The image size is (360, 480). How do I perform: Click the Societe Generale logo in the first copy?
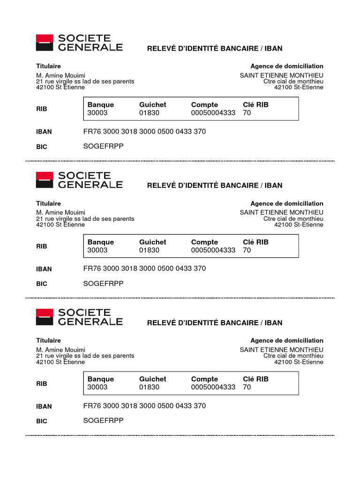coord(79,43)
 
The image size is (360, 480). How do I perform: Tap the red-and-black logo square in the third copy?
coord(45,317)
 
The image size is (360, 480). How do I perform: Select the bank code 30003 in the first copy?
coord(97,113)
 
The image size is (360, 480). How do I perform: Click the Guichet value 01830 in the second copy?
coord(149,250)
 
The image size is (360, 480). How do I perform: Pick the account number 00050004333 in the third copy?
coord(213,387)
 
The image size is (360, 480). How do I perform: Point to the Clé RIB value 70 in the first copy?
coord(247,113)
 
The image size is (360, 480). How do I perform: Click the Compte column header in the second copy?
coord(204,242)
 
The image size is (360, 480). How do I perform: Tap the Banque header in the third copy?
coord(100,379)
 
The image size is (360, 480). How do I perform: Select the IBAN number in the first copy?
coord(144,131)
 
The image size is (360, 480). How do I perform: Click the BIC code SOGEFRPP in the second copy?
coord(103,284)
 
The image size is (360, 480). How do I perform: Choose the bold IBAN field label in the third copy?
coord(44,406)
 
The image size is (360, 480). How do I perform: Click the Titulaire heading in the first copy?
coord(48,66)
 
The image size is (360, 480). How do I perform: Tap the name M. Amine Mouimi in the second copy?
coord(60,212)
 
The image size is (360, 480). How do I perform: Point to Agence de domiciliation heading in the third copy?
coord(287,340)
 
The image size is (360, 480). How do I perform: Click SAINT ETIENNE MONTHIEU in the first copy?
coord(281,75)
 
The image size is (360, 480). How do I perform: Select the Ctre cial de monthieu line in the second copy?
coord(293,218)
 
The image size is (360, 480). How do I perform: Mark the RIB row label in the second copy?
coord(42,246)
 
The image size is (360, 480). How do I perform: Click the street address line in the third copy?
coord(85,356)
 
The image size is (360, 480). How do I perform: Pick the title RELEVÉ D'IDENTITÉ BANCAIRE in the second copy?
coord(215,185)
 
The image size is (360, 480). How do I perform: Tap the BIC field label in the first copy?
coord(42,147)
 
